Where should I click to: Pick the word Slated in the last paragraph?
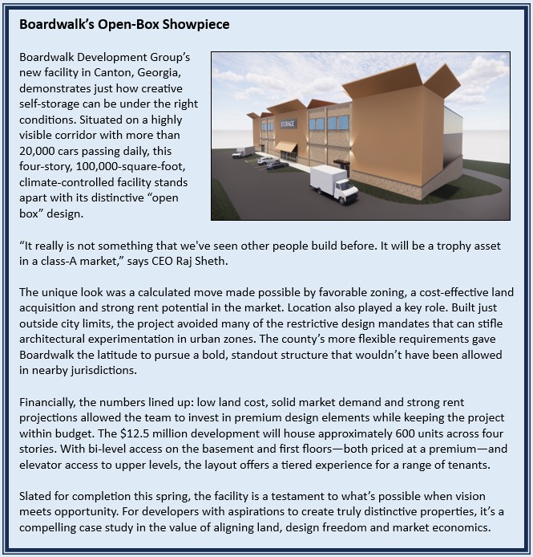[x=38, y=498]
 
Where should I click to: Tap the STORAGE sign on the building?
[x=289, y=124]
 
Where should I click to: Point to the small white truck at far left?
[x=241, y=151]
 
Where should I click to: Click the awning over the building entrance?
[x=285, y=148]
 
